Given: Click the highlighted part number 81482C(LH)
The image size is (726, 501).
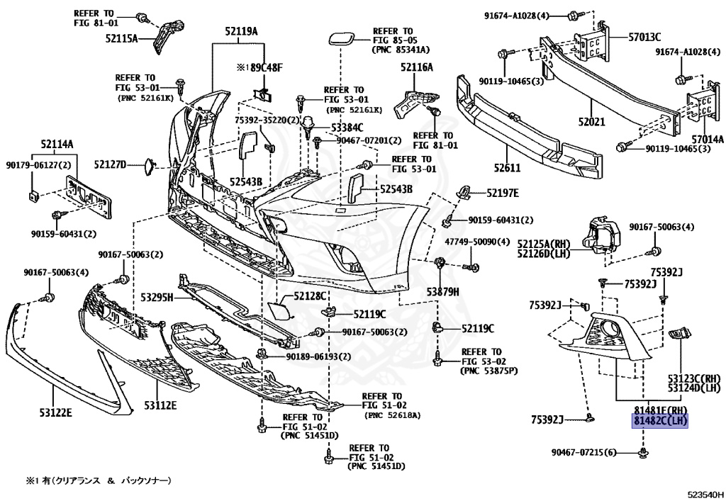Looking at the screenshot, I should click(660, 421).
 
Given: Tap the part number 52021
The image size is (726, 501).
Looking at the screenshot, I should click(591, 122).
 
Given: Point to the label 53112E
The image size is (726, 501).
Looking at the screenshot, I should click(160, 405).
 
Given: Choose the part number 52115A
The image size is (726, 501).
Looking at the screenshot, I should click(121, 38).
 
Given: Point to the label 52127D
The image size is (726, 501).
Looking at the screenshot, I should click(110, 165).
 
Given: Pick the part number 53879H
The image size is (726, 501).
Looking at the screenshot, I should click(443, 291).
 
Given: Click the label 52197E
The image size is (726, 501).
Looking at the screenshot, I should click(502, 193).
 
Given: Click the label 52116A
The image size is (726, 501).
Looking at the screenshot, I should click(416, 67).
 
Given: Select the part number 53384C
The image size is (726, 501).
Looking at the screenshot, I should click(347, 128).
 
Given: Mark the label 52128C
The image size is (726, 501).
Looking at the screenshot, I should click(311, 295).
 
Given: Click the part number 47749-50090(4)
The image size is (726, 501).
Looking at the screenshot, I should click(477, 242).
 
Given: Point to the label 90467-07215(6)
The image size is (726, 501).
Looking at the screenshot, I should click(584, 452).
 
